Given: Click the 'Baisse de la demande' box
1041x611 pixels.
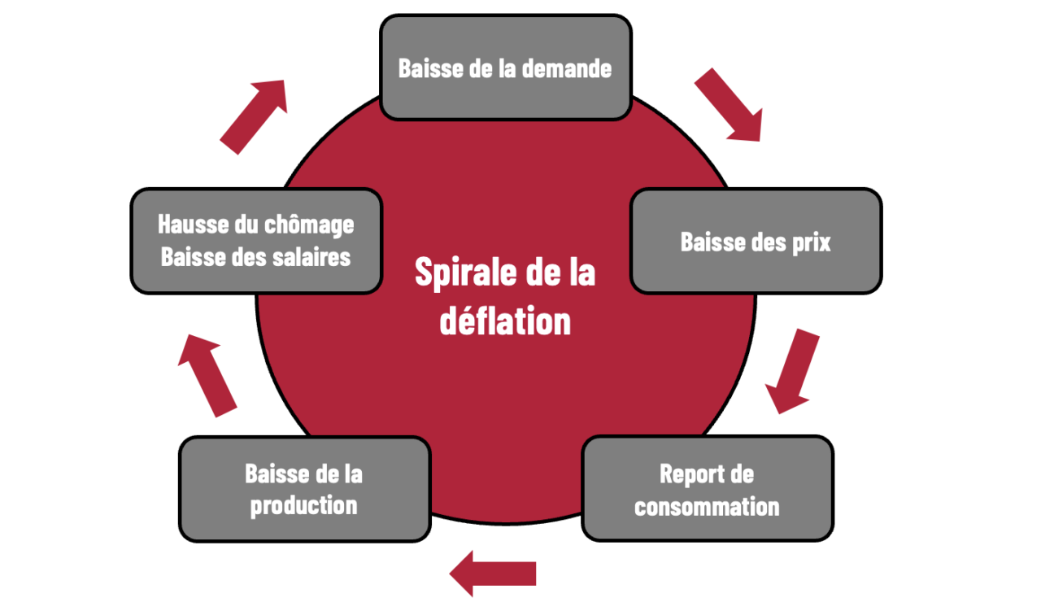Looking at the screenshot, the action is (506, 68).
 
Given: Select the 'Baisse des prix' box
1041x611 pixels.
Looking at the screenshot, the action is (756, 241).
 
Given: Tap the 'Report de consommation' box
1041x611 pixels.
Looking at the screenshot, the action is (708, 489).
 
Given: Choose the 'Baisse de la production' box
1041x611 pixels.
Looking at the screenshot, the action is (305, 489).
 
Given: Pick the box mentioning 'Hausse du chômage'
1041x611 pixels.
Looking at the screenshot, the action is (256, 241).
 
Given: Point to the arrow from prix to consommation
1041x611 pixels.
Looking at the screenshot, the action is (791, 371).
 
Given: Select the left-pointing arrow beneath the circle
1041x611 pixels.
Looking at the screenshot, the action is (493, 574).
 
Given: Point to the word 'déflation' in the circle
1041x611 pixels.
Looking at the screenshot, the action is (505, 321).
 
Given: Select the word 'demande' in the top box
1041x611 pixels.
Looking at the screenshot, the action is (567, 68).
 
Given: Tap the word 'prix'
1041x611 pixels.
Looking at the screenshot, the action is (811, 242).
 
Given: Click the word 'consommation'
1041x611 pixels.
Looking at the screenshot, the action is (707, 506).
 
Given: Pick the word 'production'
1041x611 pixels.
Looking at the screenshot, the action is (304, 506).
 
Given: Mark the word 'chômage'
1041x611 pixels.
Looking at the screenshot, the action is (309, 225).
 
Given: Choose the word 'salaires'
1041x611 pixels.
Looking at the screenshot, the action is (311, 257).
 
